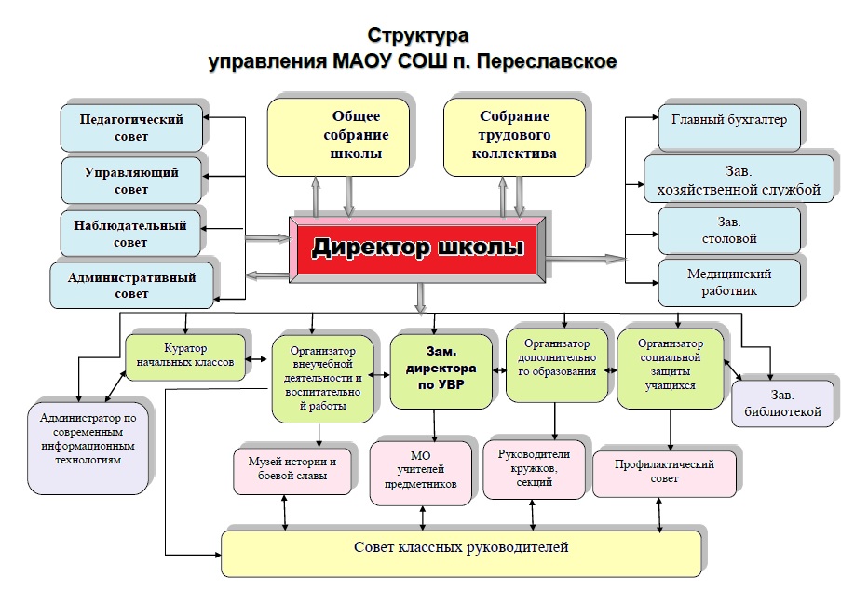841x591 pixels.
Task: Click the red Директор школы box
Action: pyautogui.click(x=417, y=249)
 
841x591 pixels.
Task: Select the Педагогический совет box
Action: pyautogui.click(x=131, y=128)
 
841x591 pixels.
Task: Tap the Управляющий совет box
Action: pyautogui.click(x=131, y=180)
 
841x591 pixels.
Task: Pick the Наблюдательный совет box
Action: pyautogui.click(x=130, y=234)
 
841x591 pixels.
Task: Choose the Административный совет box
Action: pyautogui.click(x=131, y=285)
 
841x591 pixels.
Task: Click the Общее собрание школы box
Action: pyautogui.click(x=338, y=137)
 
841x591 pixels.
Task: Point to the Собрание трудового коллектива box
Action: pyautogui.click(x=514, y=137)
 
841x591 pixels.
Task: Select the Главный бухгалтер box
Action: pyautogui.click(x=729, y=127)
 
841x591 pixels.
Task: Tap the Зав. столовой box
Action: pyautogui.click(x=729, y=231)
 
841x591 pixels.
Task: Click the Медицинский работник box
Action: pyautogui.click(x=729, y=282)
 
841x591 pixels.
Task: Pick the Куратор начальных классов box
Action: pyautogui.click(x=185, y=357)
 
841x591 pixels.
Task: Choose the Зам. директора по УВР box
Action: pyautogui.click(x=441, y=371)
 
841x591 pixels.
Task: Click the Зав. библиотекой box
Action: pyautogui.click(x=782, y=404)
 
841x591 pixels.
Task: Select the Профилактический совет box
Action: pyautogui.click(x=664, y=474)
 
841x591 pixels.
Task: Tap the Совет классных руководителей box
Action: pyautogui.click(x=461, y=554)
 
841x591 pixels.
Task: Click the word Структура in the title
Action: pyautogui.click(x=418, y=36)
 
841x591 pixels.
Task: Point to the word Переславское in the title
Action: pyautogui.click(x=547, y=61)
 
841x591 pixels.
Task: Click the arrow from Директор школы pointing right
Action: pyautogui.click(x=586, y=259)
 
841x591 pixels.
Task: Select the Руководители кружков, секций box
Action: pyautogui.click(x=535, y=469)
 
